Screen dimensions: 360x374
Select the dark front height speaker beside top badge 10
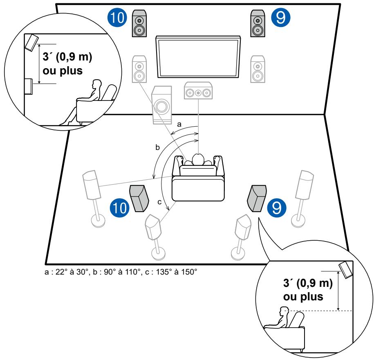pos(139,23)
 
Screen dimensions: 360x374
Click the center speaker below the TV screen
pos(198,92)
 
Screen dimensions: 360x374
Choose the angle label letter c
pos(160,201)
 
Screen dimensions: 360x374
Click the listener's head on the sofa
pos(198,159)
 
